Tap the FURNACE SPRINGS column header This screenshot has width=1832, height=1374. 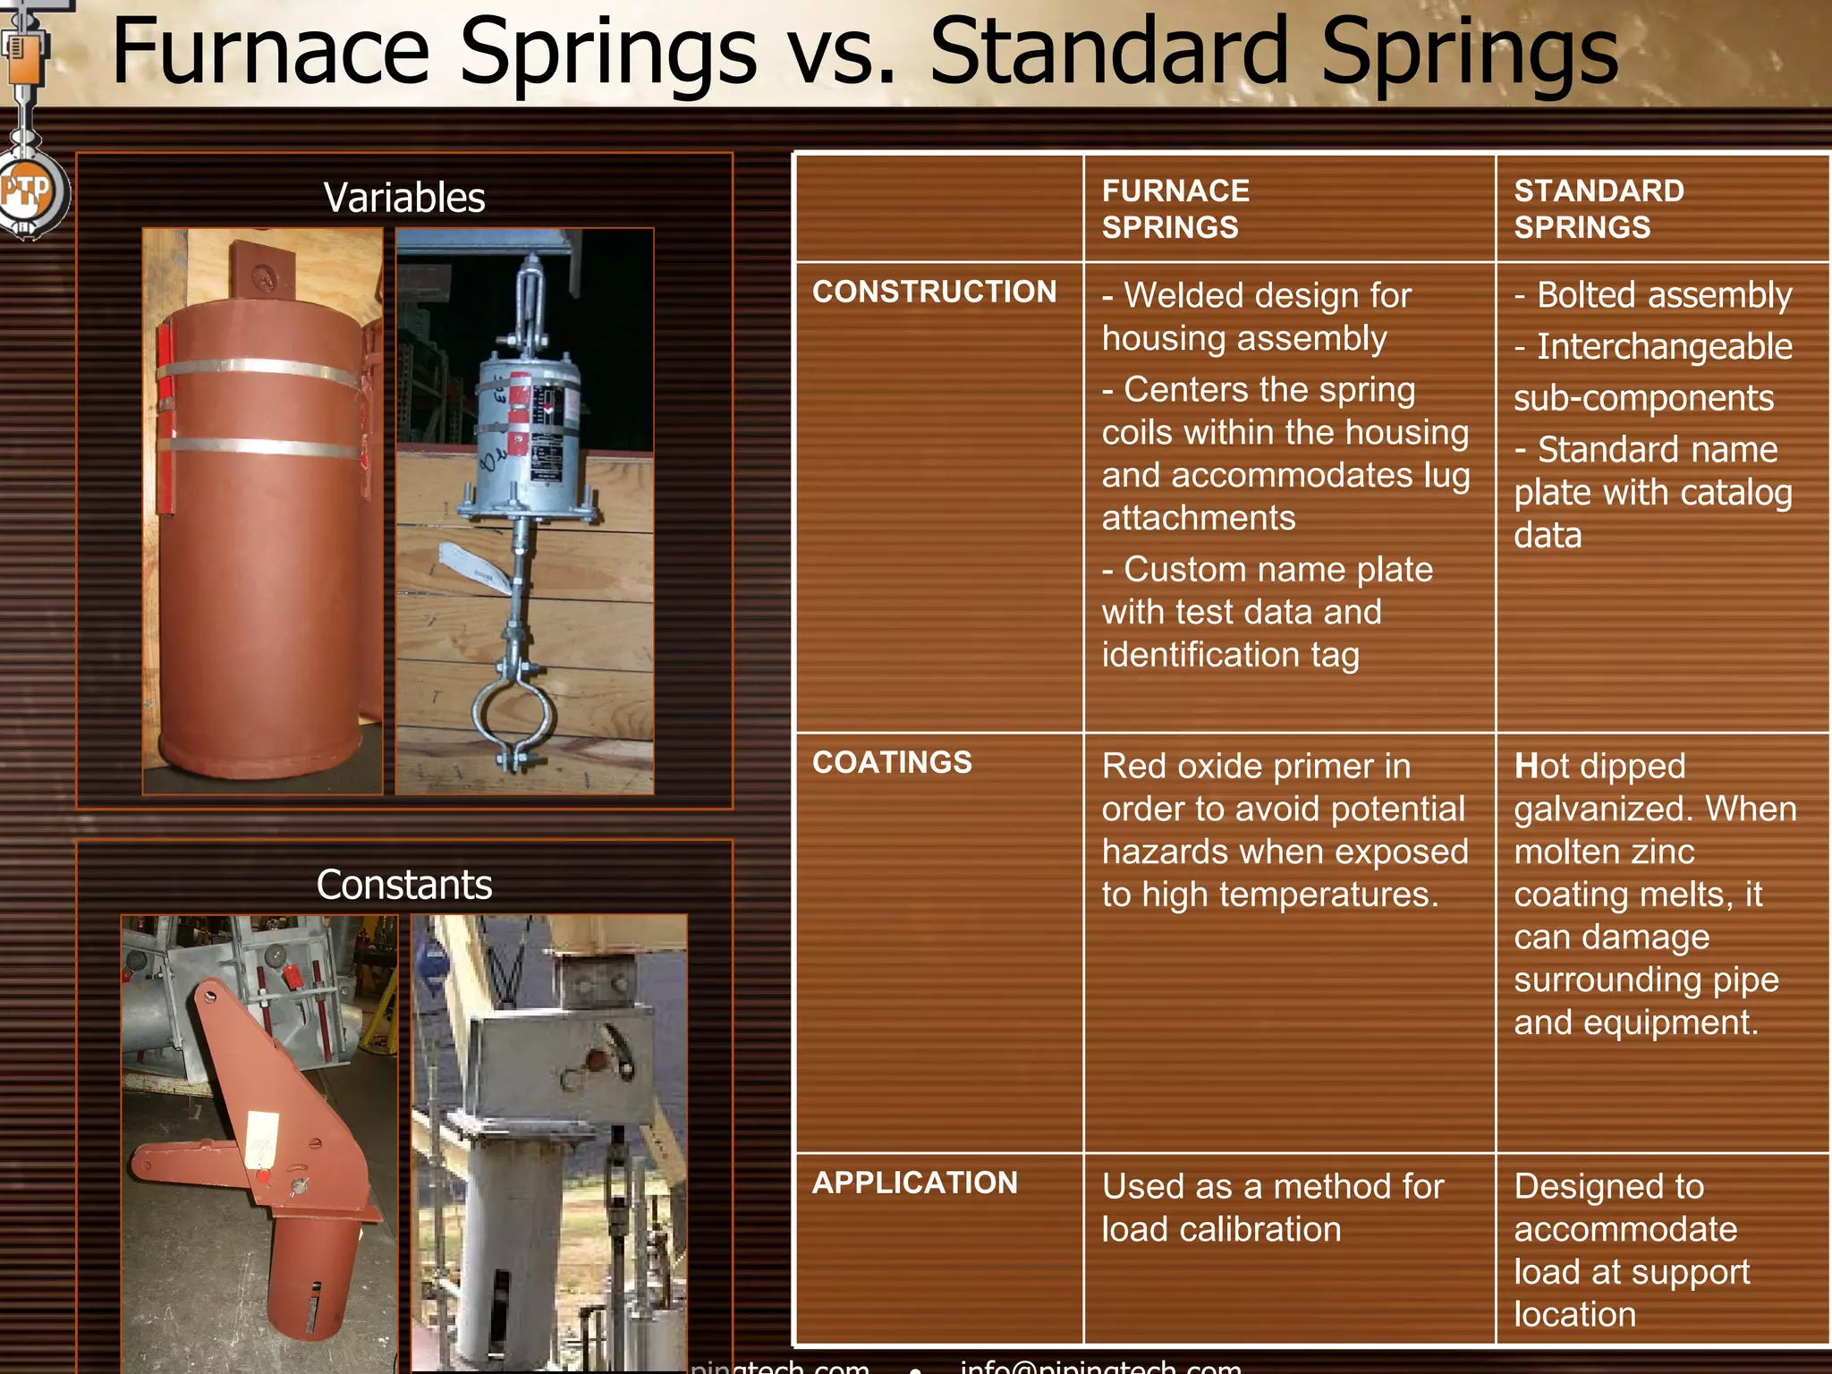(1175, 208)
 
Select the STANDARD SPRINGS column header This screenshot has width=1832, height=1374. (1599, 208)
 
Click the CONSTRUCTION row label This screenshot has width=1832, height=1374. (934, 292)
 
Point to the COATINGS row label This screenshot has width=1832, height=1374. (892, 762)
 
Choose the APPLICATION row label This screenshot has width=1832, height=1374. (914, 1183)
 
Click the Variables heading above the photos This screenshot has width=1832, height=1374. (404, 198)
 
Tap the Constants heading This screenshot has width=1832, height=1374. (404, 885)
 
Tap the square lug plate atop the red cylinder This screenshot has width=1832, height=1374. (263, 269)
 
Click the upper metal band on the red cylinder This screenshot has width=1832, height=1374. (259, 369)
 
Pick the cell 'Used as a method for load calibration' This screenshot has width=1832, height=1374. (1272, 1208)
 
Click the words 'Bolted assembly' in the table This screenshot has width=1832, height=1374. (1664, 295)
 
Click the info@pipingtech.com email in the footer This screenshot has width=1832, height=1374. (1100, 1366)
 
